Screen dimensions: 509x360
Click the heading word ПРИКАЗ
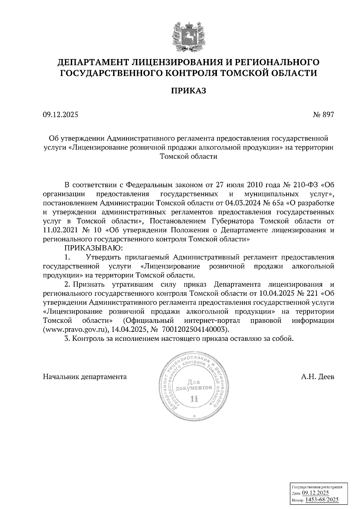click(188, 91)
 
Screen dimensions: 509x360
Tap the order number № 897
click(323, 115)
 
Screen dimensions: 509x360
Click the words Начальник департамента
click(85, 377)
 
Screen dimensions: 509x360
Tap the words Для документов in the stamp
click(195, 385)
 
